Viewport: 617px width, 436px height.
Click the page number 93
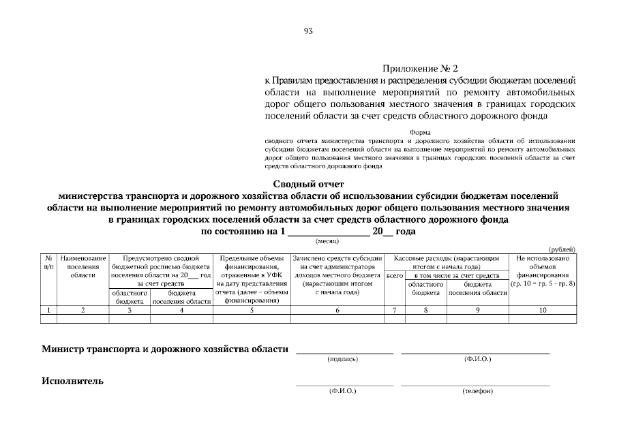[308, 31]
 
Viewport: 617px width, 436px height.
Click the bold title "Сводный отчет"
[309, 183]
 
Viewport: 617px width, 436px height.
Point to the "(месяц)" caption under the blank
[327, 240]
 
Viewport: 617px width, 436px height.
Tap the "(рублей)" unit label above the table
[562, 250]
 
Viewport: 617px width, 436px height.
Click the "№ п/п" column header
[48, 263]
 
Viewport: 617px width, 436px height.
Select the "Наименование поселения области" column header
[83, 266]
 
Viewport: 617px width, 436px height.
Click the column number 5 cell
[252, 310]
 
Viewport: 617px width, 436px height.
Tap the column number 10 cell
[543, 310]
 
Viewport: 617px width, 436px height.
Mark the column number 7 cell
[395, 310]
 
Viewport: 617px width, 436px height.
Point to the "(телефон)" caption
[477, 391]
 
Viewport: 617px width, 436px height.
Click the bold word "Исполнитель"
[73, 381]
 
